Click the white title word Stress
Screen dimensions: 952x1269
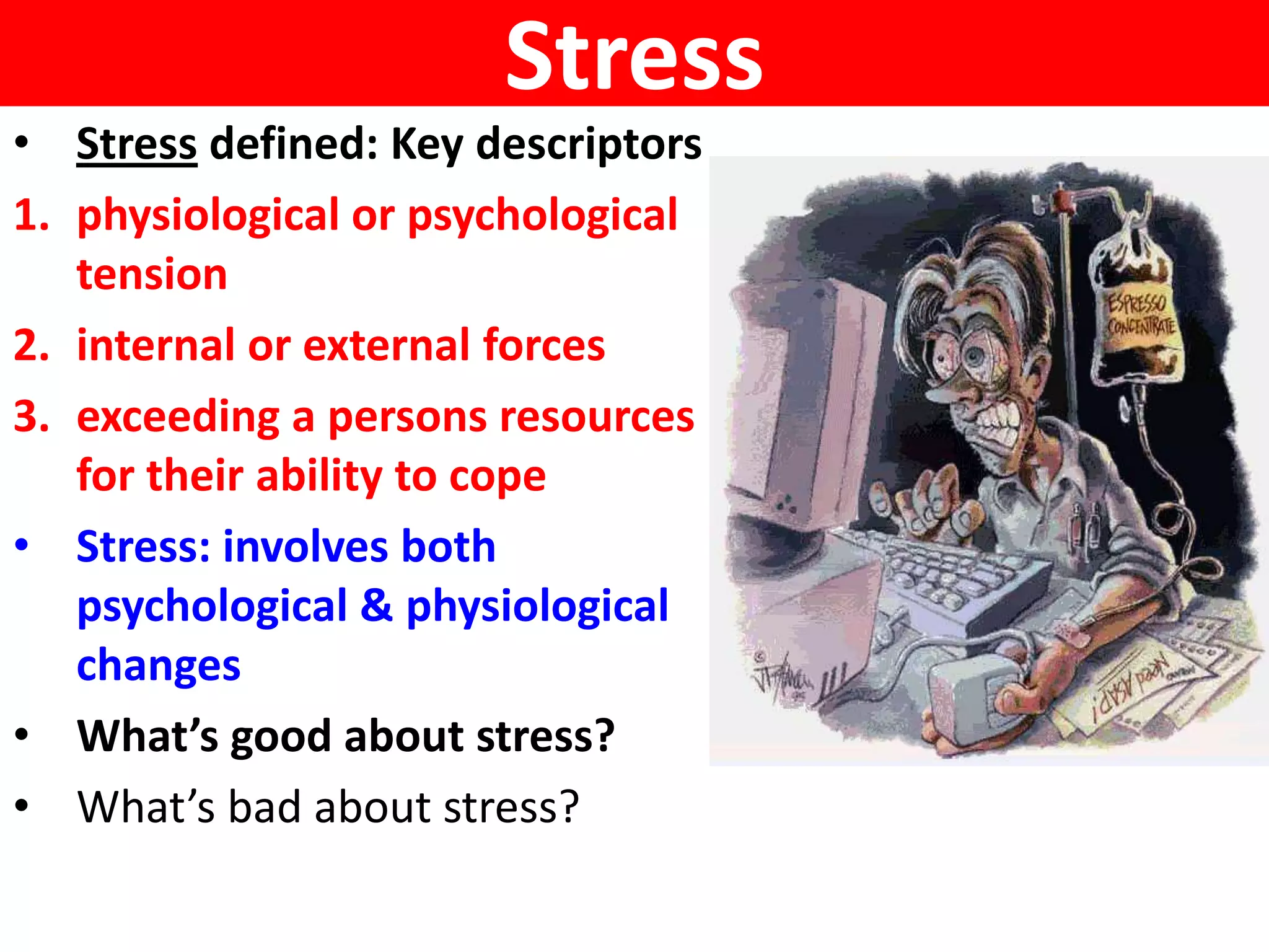point(634,56)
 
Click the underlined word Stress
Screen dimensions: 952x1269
point(136,144)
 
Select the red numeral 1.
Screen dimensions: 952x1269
point(31,216)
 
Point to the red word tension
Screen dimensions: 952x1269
point(152,275)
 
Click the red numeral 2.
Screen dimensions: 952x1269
point(31,345)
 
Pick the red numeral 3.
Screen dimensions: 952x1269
point(31,416)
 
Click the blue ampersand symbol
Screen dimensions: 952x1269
point(376,606)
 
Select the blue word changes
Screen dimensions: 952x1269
point(158,665)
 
